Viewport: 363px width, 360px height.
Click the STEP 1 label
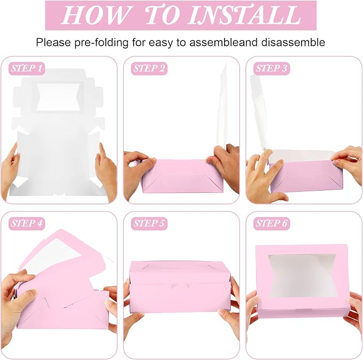coord(27,68)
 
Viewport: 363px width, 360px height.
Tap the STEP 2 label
coord(149,68)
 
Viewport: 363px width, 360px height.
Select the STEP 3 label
coord(272,68)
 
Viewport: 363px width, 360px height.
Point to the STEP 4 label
coord(27,223)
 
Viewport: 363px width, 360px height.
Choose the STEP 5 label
coord(149,223)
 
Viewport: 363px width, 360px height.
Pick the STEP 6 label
coord(272,223)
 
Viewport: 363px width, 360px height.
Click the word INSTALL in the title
coord(244,15)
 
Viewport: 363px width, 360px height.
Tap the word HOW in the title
coord(95,15)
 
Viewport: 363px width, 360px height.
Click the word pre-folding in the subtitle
coord(102,43)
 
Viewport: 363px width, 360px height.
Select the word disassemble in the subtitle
coord(293,43)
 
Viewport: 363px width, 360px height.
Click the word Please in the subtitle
coord(53,43)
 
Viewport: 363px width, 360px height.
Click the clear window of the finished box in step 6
coord(302,277)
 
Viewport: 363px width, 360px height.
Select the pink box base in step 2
coord(183,176)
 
